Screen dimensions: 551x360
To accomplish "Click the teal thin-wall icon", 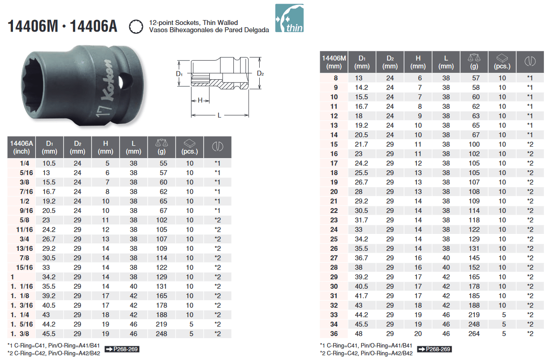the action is [289, 18].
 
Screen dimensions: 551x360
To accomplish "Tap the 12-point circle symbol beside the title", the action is [136, 27].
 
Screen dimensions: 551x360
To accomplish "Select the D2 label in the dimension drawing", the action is [260, 74].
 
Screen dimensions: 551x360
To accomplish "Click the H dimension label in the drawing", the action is [200, 100].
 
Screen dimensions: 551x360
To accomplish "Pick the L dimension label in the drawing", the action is [220, 115].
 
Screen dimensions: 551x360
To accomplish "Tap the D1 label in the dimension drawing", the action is [180, 74].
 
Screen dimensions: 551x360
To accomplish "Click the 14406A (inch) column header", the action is [21, 147].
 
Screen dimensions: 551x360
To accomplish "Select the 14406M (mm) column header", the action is [334, 62].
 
